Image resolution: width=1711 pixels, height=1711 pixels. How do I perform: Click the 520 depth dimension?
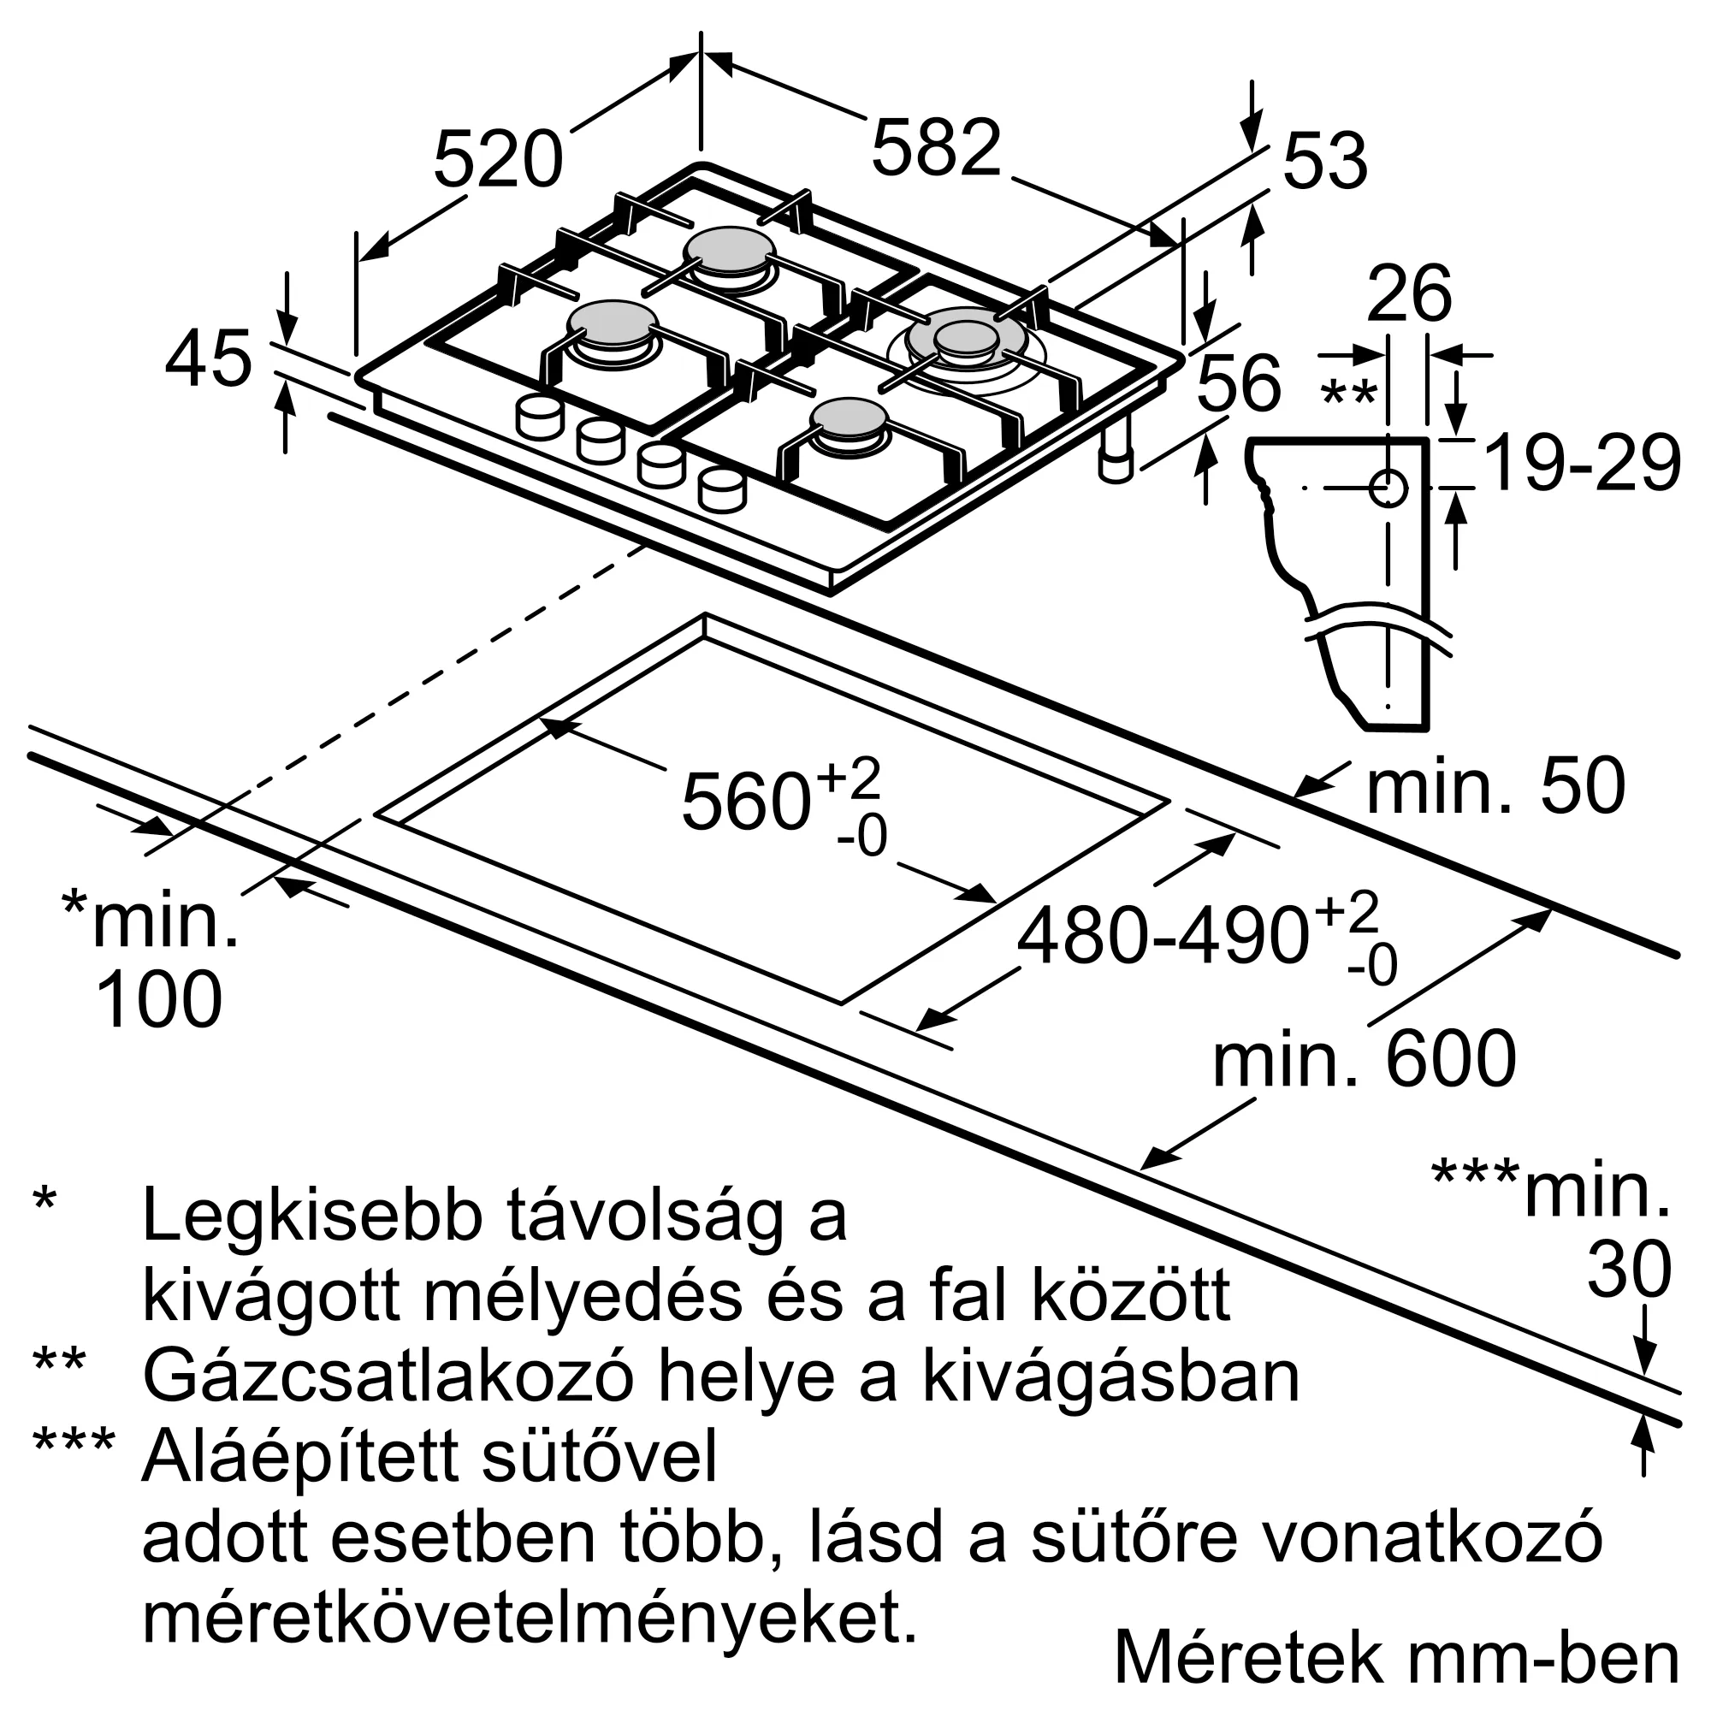(x=498, y=159)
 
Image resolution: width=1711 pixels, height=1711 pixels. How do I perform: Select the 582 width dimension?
(x=936, y=148)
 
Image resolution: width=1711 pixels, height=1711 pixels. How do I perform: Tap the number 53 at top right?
(x=1324, y=161)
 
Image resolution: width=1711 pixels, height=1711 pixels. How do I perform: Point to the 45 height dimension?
(x=209, y=359)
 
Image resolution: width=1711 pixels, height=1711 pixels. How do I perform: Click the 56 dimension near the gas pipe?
(x=1238, y=382)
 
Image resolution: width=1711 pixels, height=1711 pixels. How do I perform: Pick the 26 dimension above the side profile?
(x=1408, y=294)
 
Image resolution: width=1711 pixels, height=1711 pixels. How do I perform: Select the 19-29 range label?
(x=1582, y=464)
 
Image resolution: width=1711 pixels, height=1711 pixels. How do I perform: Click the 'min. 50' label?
(x=1495, y=786)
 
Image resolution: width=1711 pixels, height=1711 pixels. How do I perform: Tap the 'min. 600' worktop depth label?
(x=1364, y=1059)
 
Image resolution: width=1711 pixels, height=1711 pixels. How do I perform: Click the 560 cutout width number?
(x=746, y=802)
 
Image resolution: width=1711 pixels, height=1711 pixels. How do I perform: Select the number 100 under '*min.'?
(x=158, y=1000)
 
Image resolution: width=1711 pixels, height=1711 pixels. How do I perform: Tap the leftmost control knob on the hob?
(x=538, y=418)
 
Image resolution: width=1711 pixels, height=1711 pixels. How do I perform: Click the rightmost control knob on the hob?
(x=722, y=490)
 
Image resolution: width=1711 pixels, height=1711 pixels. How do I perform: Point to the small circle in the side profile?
(x=1388, y=488)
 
